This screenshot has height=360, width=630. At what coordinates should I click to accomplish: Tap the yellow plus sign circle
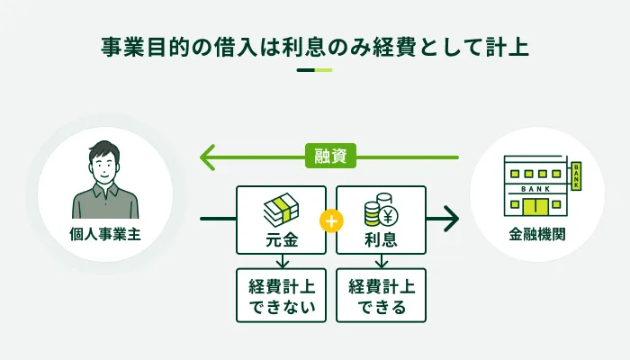[x=330, y=220]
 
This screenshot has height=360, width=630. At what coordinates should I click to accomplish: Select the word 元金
[x=280, y=240]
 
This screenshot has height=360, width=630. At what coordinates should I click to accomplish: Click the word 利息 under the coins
[x=381, y=240]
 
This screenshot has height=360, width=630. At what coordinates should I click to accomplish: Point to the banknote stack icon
[x=280, y=211]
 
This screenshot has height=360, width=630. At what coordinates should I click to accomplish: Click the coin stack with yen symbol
[x=381, y=212]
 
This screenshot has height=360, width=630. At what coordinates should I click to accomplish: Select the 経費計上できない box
[x=280, y=295]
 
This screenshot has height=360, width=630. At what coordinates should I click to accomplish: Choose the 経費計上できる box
[x=381, y=295]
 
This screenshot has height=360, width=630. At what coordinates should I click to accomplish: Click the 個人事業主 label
[x=105, y=237]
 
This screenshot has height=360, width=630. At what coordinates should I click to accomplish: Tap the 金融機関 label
[x=537, y=237]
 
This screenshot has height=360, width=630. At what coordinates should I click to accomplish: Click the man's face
[x=105, y=166]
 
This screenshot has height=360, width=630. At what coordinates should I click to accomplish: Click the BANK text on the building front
[x=536, y=189]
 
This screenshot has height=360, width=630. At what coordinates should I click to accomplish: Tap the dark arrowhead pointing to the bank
[x=449, y=219]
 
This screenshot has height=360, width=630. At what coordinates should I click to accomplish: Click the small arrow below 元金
[x=280, y=261]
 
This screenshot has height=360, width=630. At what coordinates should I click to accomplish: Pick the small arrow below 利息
[x=381, y=261]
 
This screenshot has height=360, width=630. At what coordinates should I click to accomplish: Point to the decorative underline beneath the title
[x=314, y=70]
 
